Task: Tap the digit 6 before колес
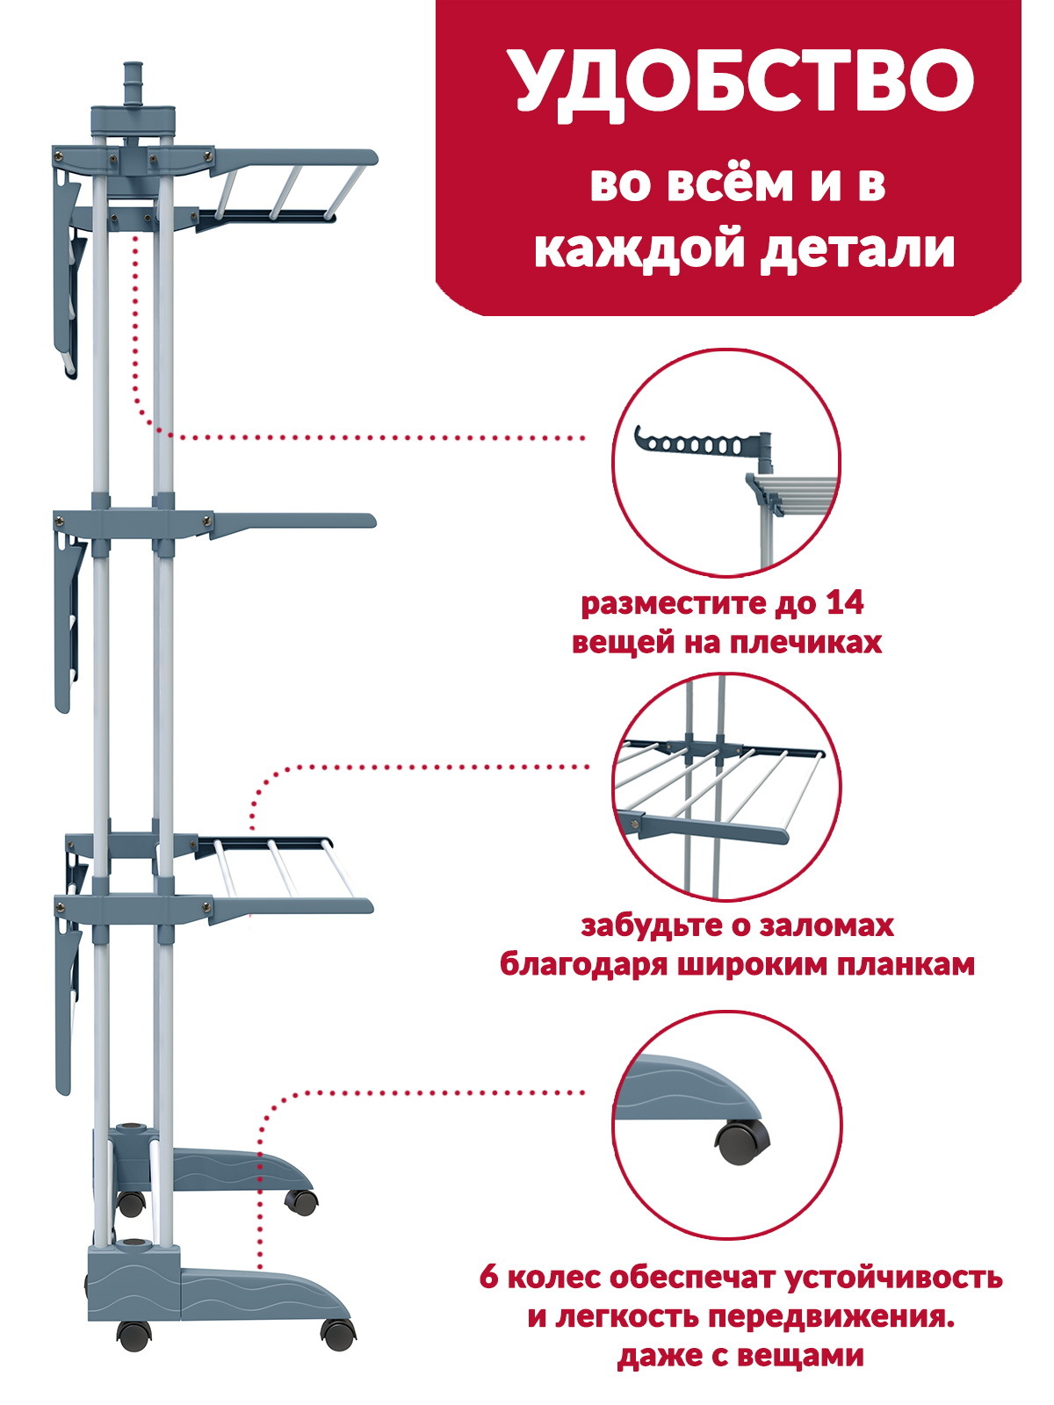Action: pos(488,1277)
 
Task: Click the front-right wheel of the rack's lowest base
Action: pos(337,1333)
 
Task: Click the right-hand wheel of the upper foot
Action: pos(300,1201)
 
